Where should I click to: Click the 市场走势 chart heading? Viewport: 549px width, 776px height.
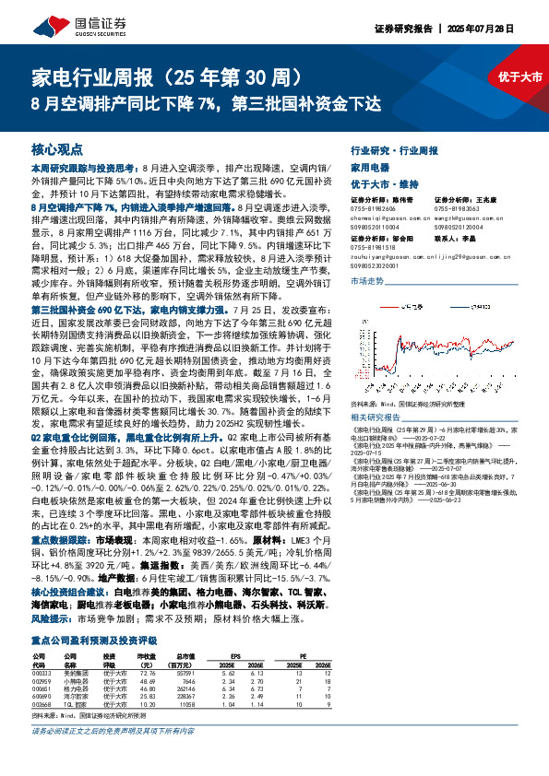[x=369, y=278]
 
